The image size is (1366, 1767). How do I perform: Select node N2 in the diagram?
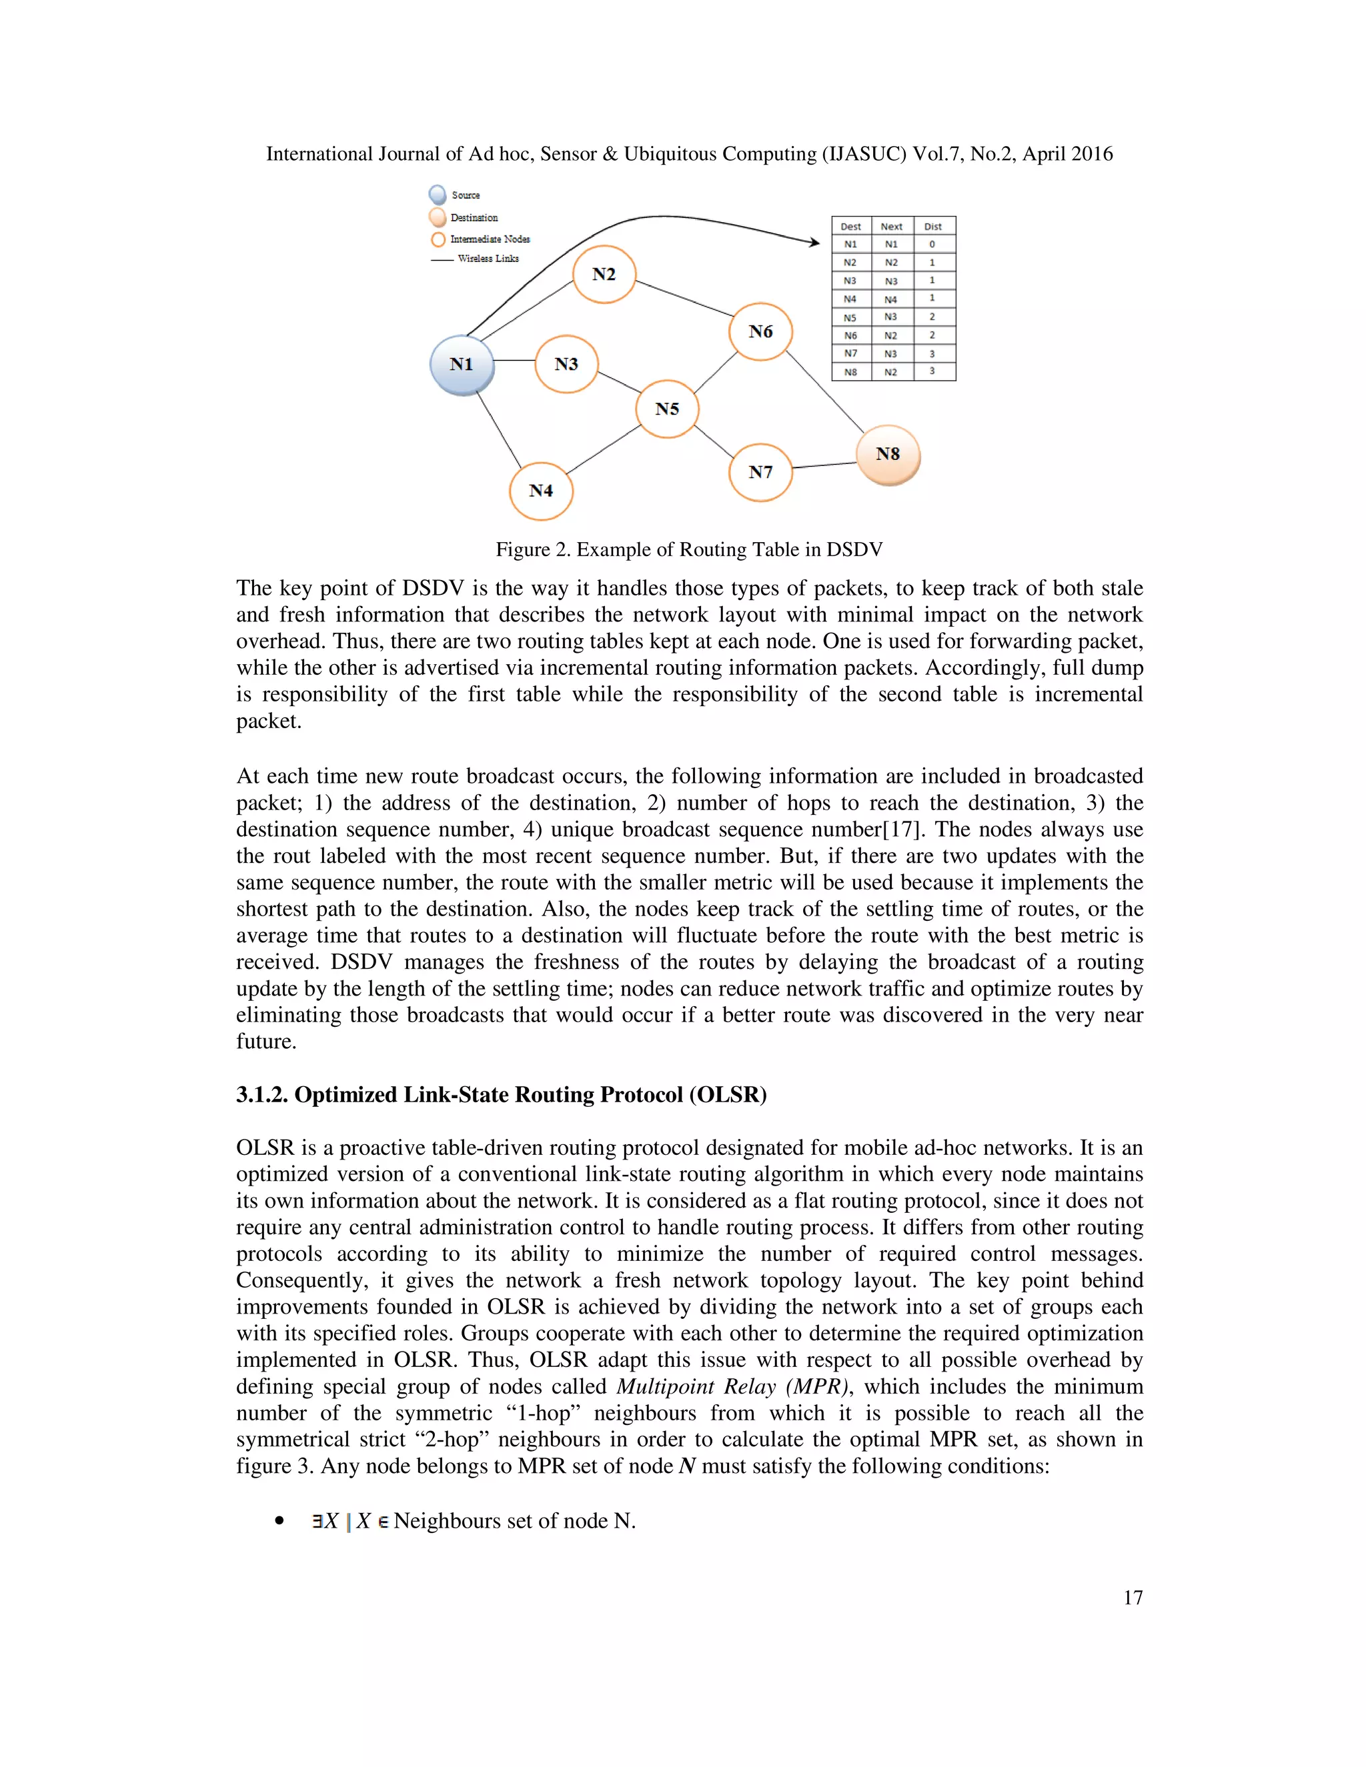click(604, 274)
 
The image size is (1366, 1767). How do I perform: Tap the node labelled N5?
click(667, 409)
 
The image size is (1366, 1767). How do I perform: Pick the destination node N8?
click(888, 455)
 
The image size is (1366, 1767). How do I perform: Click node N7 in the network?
click(760, 473)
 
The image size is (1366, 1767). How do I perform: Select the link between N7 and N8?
click(824, 465)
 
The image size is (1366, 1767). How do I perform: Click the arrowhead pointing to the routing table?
click(813, 241)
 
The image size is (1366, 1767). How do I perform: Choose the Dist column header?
click(933, 227)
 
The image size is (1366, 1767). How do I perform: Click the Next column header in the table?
click(891, 227)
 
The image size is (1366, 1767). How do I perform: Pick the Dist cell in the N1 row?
click(932, 244)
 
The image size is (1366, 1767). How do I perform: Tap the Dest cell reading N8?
click(850, 372)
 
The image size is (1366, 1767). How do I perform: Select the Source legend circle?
click(438, 195)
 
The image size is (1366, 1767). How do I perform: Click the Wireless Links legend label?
click(488, 259)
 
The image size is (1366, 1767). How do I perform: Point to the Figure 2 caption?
click(688, 550)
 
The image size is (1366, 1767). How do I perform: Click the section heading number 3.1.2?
click(262, 1095)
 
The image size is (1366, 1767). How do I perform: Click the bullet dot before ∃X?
click(280, 1521)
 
